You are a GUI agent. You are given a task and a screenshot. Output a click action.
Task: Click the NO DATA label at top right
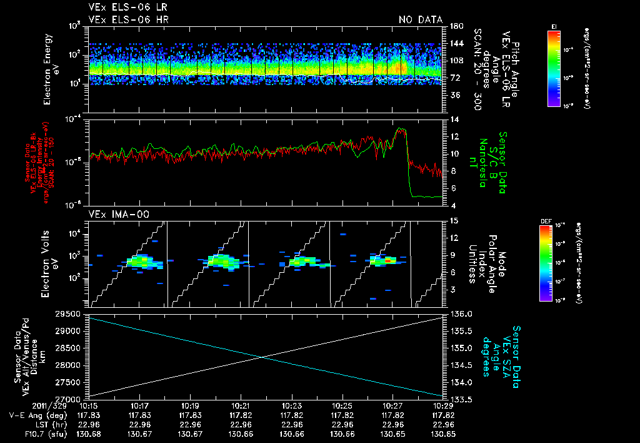tap(420, 19)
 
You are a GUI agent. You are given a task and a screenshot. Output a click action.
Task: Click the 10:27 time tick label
tap(392, 406)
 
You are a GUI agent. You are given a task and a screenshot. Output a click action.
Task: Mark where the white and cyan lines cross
tap(264, 357)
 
